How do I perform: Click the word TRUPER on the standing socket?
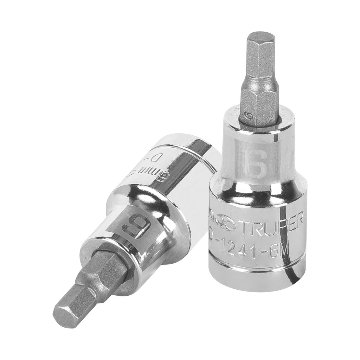(x=272, y=224)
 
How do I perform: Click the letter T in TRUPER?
(x=246, y=225)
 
